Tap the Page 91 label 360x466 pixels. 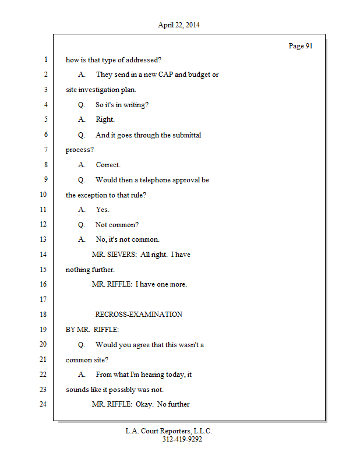301,46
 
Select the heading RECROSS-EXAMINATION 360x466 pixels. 139,314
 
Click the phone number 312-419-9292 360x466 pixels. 182,439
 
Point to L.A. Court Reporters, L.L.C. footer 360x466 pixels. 169,431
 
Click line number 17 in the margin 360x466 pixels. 43,299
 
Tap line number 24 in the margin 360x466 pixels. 43,404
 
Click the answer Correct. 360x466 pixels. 108,165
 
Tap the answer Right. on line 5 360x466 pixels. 105,119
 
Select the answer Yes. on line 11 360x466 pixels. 103,210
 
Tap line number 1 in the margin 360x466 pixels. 45,59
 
